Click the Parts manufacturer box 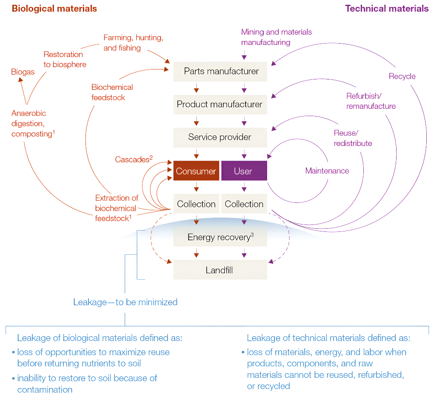click(x=220, y=72)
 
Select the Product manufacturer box click(x=220, y=104)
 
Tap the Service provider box click(x=220, y=138)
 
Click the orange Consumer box click(x=196, y=171)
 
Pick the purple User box click(x=244, y=171)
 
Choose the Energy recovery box click(x=220, y=237)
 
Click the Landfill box click(x=220, y=270)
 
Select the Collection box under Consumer click(x=196, y=204)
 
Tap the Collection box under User click(x=244, y=204)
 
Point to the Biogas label click(x=23, y=72)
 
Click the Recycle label click(x=402, y=76)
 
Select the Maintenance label click(x=327, y=171)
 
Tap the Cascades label click(x=134, y=159)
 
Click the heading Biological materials click(x=54, y=9)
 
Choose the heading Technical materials click(x=387, y=9)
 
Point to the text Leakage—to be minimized click(x=125, y=302)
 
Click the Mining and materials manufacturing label click(x=277, y=37)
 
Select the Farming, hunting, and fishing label click(x=133, y=43)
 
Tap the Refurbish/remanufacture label click(x=371, y=101)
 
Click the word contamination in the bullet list click(x=45, y=390)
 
